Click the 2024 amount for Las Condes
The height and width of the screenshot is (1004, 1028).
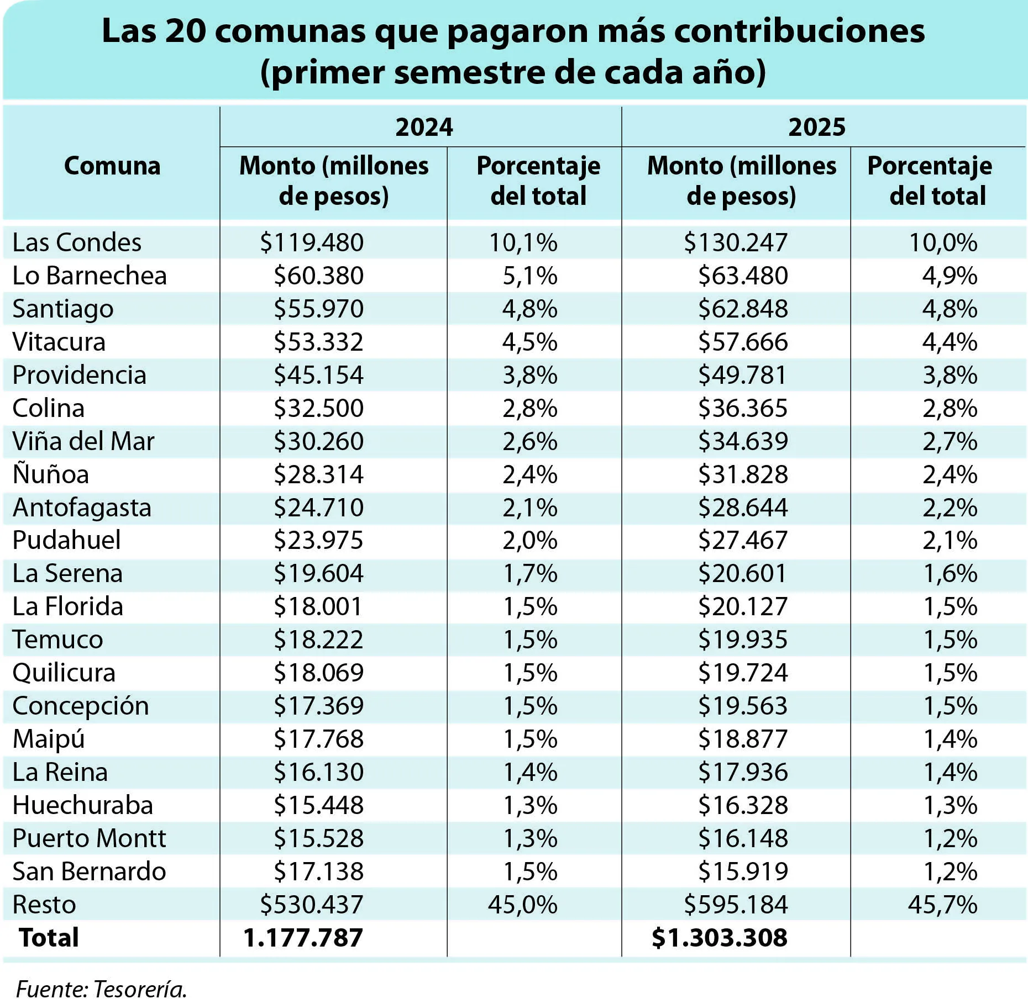tap(312, 242)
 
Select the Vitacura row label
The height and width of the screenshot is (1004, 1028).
tap(59, 342)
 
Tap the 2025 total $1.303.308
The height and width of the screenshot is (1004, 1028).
tap(720, 938)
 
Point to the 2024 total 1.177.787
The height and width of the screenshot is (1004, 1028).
tap(303, 938)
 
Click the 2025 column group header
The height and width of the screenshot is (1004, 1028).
tap(817, 127)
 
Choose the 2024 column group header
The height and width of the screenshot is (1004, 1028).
tap(424, 127)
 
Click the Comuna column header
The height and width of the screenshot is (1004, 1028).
tap(112, 166)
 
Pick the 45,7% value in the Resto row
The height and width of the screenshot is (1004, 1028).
tap(942, 905)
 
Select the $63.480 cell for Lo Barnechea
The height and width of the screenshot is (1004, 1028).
tap(743, 276)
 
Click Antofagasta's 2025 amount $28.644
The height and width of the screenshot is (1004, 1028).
tap(743, 508)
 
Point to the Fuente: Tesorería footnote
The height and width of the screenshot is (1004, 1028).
tap(101, 989)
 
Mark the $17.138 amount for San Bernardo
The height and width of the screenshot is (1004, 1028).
tap(319, 871)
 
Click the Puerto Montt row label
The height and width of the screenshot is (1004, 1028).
tap(89, 838)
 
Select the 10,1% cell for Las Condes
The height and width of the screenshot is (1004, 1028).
tap(523, 242)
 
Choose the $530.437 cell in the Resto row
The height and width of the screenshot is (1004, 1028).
tap(312, 905)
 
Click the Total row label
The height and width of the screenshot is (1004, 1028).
tap(49, 938)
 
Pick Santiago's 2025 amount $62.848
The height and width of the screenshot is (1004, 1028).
tap(743, 309)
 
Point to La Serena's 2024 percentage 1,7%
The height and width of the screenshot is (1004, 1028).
tap(530, 573)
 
